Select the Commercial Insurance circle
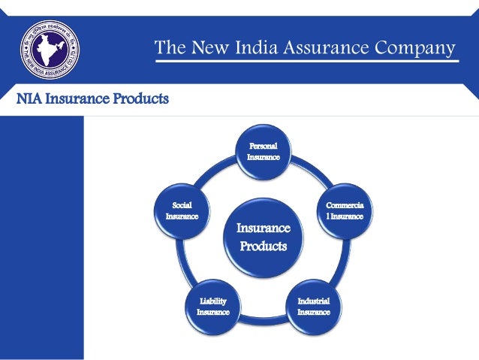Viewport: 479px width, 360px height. [x=344, y=210]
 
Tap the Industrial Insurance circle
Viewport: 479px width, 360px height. [x=312, y=306]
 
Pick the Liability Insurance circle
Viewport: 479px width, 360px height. [x=208, y=306]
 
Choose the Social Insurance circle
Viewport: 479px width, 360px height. [x=182, y=210]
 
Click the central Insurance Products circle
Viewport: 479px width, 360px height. [x=263, y=236]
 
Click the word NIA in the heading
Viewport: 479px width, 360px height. [x=18, y=98]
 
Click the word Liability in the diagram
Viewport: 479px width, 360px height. [x=208, y=301]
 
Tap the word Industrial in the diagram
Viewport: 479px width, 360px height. [x=313, y=301]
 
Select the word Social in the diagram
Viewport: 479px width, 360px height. [x=182, y=204]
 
